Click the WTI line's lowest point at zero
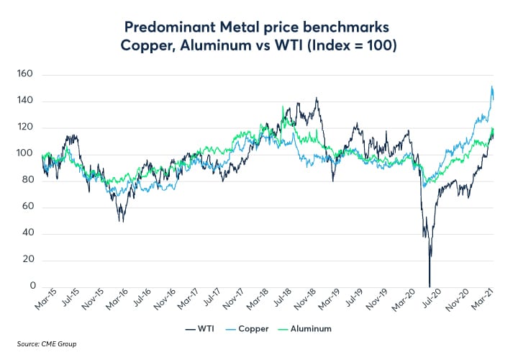point(430,285)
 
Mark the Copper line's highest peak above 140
point(491,87)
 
